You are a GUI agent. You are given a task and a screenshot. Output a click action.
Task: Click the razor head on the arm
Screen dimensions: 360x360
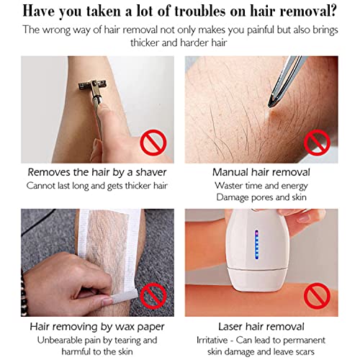pos(92,85)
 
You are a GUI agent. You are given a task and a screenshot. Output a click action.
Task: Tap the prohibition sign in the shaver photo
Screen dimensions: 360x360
pos(153,143)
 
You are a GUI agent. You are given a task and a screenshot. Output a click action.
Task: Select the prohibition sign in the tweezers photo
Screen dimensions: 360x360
pos(317,143)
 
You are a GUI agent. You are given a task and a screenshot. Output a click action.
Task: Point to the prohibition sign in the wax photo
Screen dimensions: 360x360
pos(153,296)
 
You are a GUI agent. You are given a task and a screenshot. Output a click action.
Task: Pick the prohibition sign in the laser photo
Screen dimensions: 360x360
pos(317,296)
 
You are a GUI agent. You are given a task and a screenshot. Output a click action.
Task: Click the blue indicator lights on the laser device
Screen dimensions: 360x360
pos(257,244)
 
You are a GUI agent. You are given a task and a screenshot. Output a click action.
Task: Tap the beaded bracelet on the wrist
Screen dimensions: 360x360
pos(24,292)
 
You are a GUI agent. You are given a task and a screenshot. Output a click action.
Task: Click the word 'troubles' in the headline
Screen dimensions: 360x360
pos(199,12)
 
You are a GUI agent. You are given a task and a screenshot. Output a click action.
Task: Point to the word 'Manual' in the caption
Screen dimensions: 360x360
pos(230,172)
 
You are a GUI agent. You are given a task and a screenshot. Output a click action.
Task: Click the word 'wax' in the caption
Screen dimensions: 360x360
pos(125,327)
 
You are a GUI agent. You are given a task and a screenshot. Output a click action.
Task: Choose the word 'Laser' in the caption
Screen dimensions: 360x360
pos(230,327)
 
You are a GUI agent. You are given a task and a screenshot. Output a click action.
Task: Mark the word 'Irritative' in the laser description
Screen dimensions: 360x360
pos(212,341)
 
